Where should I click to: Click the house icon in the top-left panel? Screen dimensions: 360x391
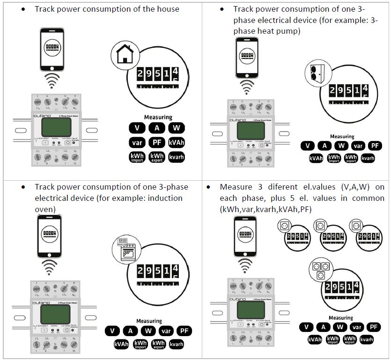123,56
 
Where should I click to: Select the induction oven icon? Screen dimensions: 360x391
124,249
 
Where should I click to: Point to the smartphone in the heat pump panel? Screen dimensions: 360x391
247,58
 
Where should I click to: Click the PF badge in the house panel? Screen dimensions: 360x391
157,142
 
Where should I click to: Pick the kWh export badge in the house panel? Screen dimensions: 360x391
157,157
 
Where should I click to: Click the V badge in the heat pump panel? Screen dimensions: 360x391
308,146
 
